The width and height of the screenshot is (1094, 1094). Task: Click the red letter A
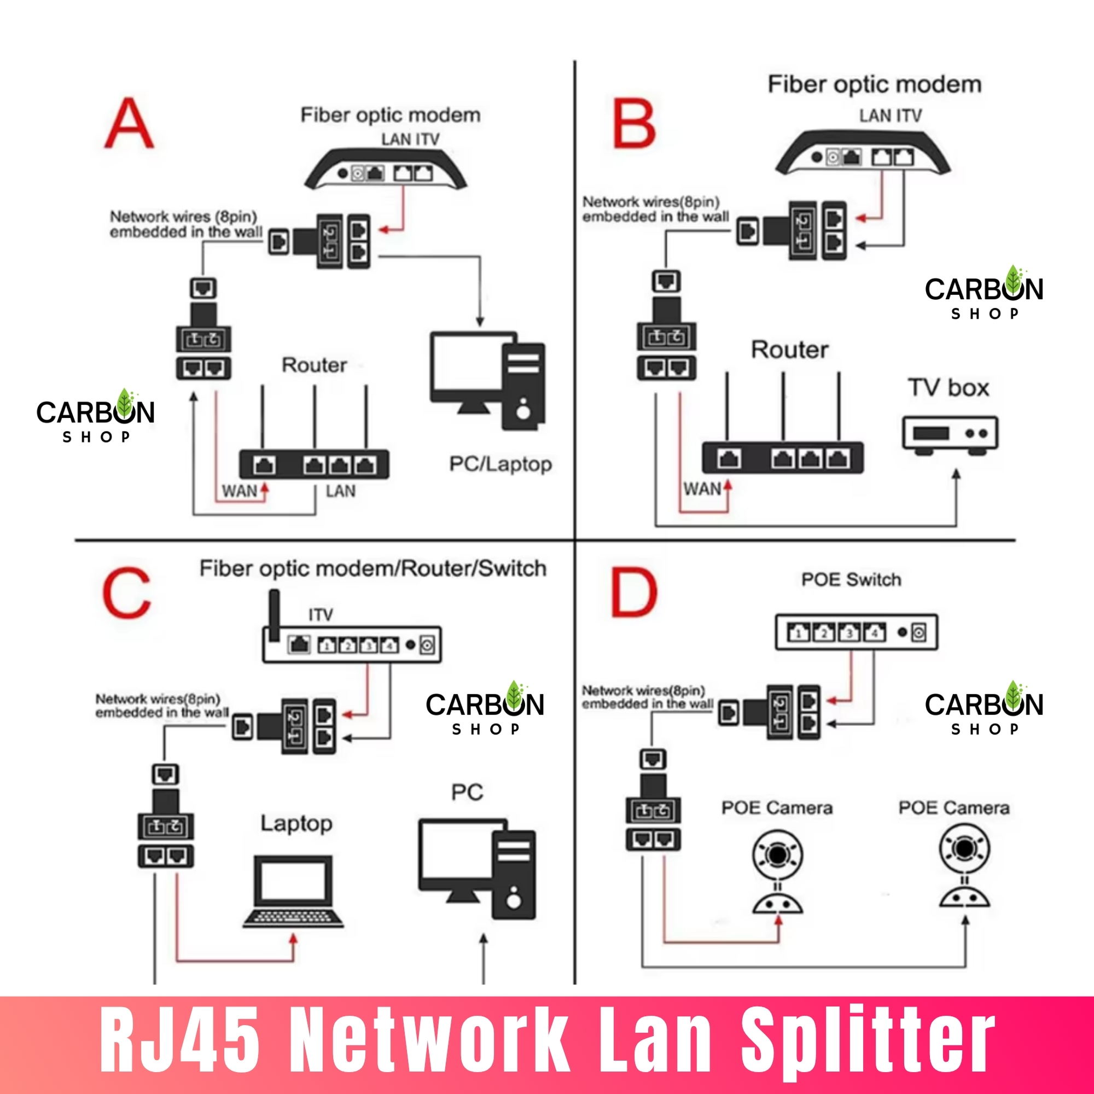[129, 124]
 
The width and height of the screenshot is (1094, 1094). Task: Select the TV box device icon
[950, 435]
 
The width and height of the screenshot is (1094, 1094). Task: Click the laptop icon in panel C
[293, 891]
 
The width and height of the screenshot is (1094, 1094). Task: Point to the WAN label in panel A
[239, 491]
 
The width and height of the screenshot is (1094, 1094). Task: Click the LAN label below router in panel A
[340, 491]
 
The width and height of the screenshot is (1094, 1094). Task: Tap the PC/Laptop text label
[500, 464]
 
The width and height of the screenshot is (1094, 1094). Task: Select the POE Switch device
[856, 632]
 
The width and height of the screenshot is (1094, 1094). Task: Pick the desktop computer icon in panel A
[487, 381]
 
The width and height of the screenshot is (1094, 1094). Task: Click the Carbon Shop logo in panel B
[984, 293]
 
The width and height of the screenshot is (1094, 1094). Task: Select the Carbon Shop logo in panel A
[95, 416]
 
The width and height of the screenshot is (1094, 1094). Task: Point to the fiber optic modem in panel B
[863, 153]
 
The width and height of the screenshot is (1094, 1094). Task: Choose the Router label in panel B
[789, 350]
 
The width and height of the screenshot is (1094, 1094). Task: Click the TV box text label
[948, 388]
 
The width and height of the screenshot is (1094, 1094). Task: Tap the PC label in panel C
[467, 792]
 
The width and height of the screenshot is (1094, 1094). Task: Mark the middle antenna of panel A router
[315, 418]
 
